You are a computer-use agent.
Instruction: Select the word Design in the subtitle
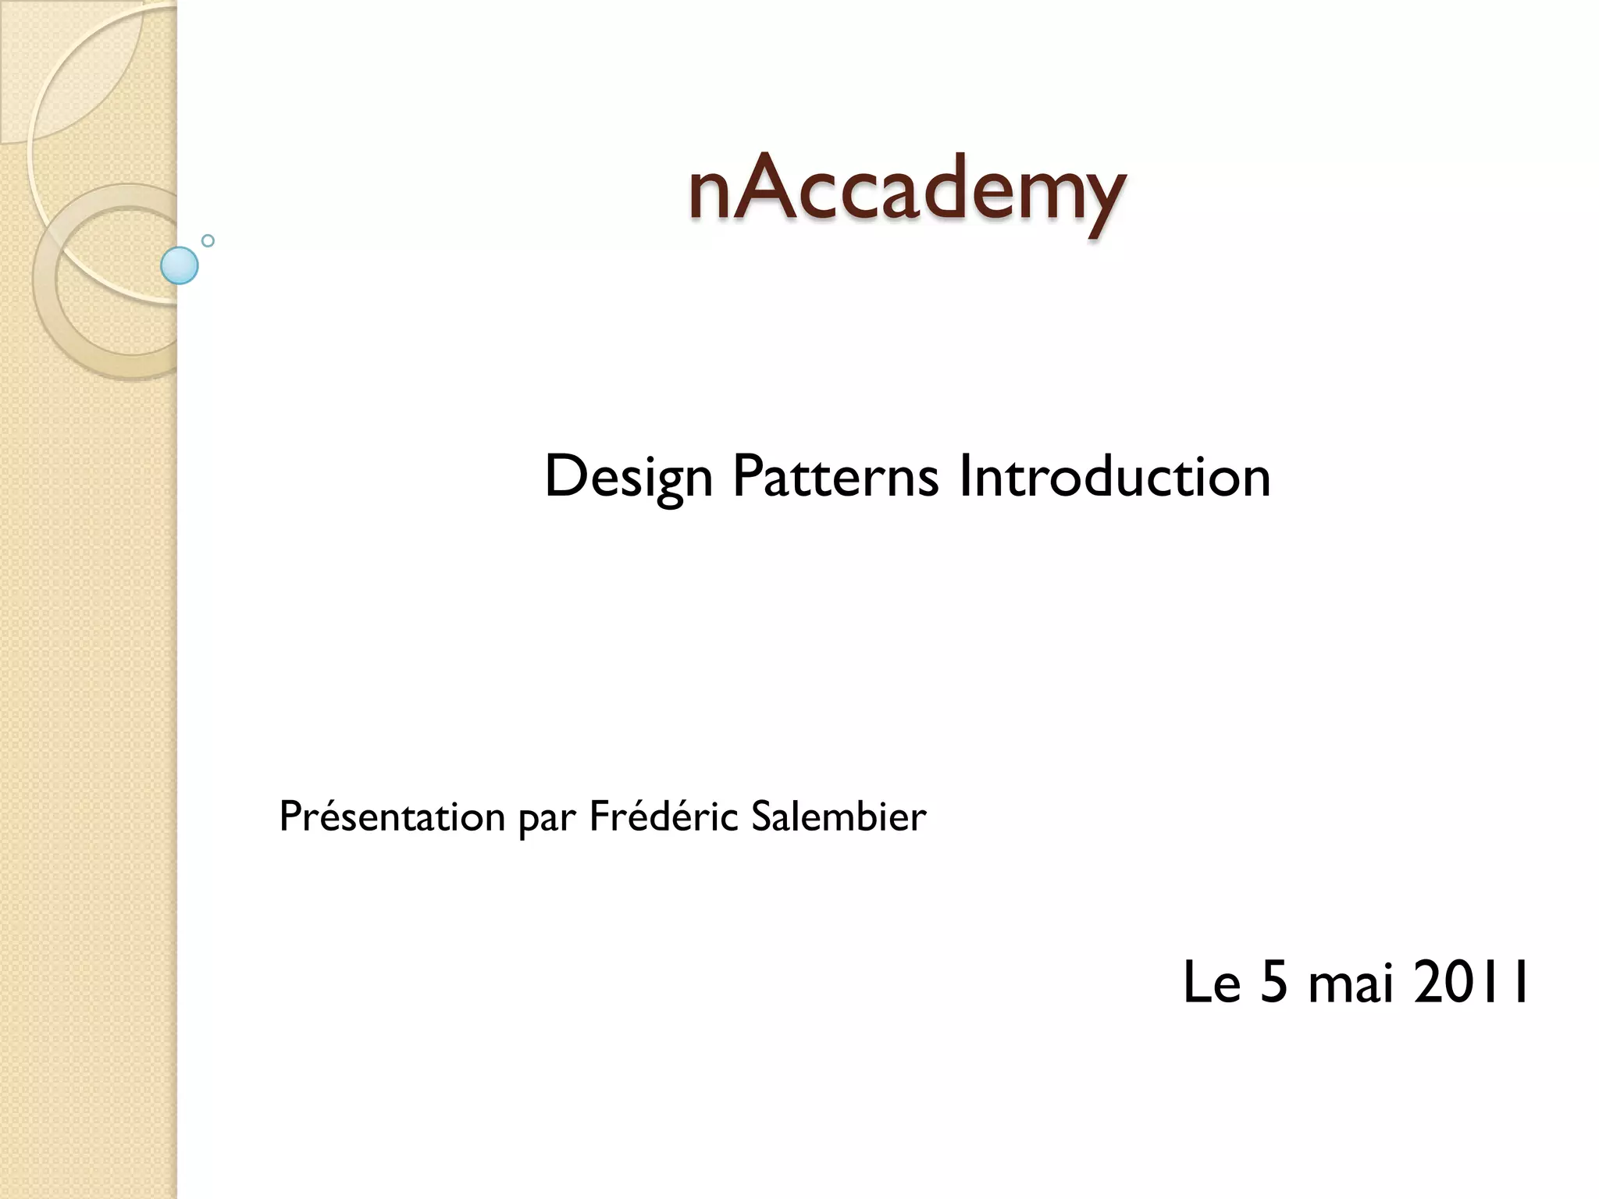coord(628,477)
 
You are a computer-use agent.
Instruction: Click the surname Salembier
coord(839,817)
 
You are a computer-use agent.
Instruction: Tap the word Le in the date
coord(1212,983)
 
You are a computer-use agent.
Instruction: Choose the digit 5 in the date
coord(1274,983)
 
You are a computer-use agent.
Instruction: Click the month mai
coord(1351,983)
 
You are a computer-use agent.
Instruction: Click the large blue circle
coord(180,265)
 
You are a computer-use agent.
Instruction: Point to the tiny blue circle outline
coord(208,241)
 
